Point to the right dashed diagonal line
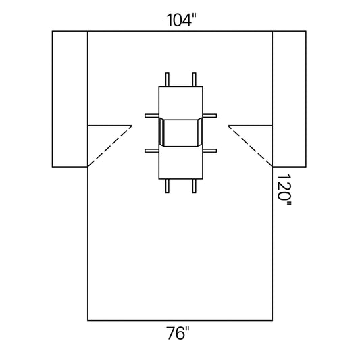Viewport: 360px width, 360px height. [251, 145]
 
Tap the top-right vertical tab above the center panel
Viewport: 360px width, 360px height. [194, 79]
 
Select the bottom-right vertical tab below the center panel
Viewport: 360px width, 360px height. [194, 186]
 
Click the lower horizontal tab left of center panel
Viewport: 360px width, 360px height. [151, 150]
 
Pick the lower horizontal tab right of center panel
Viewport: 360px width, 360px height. [209, 150]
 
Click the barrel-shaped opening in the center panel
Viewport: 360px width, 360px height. [180, 132]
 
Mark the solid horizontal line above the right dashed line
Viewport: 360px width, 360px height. [251, 125]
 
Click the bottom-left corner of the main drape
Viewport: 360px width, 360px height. [88, 319]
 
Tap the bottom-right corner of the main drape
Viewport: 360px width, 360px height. [272, 319]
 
